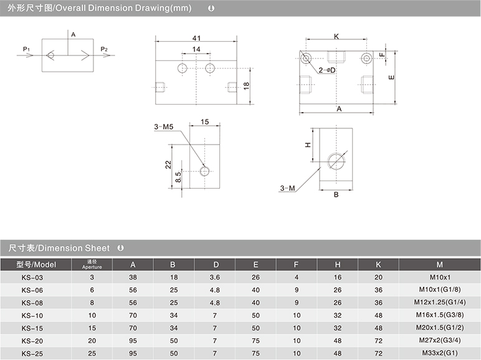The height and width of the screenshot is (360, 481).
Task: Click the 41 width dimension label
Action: [x=196, y=38]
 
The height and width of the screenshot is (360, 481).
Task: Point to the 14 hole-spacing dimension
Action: [x=196, y=49]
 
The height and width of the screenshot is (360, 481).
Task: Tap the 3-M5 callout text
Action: [x=164, y=126]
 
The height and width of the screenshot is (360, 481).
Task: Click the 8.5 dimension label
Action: [x=178, y=177]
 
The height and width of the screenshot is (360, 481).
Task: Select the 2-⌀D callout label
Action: [x=327, y=70]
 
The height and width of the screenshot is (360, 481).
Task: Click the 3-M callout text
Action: [x=287, y=188]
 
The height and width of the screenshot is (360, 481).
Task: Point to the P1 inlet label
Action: [x=26, y=49]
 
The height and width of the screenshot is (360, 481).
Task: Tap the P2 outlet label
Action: [x=104, y=49]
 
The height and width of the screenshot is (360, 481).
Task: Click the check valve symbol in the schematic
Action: [x=50, y=55]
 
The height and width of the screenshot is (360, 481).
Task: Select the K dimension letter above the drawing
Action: [x=336, y=37]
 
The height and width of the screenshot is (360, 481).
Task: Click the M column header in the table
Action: [x=440, y=265]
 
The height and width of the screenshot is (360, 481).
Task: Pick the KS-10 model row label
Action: [x=32, y=316]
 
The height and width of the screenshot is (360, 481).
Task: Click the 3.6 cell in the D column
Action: [x=215, y=278]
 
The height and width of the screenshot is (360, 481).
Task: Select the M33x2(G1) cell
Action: [x=440, y=353]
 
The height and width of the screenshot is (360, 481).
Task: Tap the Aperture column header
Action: [x=92, y=265]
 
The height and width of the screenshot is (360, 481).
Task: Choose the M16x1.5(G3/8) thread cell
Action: [x=440, y=315]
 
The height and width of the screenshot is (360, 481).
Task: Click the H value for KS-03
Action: [x=338, y=278]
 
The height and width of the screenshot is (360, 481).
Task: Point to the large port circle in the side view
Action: [x=336, y=161]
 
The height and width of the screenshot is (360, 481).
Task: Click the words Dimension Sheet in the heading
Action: [x=74, y=248]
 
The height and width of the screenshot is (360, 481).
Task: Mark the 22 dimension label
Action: [x=168, y=164]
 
